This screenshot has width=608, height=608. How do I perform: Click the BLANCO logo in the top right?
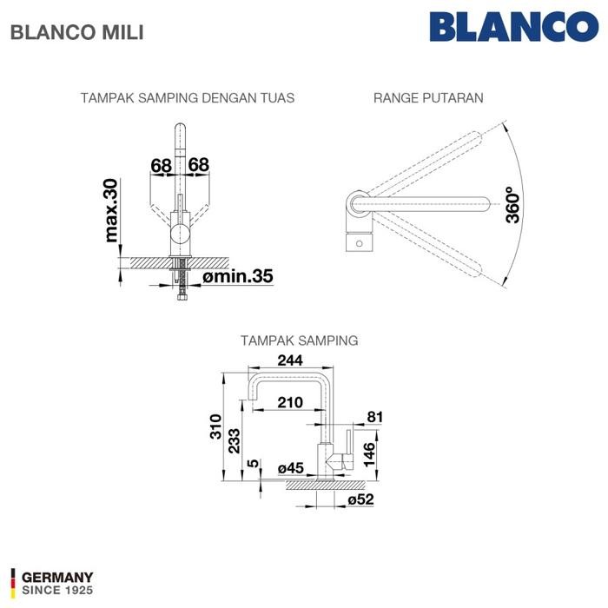click(519, 26)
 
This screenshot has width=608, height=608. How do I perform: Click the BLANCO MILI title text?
click(76, 32)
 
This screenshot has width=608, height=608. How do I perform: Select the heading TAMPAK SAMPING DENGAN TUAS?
click(187, 98)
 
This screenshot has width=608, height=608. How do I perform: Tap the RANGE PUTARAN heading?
click(428, 98)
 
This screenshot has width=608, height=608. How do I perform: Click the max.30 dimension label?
click(111, 210)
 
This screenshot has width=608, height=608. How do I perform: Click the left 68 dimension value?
click(160, 164)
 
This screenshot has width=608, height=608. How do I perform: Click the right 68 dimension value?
click(198, 164)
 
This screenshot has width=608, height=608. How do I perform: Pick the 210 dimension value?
click(291, 402)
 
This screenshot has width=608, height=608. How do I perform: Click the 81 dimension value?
click(374, 417)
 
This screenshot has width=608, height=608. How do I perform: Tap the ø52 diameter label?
click(360, 501)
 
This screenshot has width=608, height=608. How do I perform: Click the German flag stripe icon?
click(12, 582)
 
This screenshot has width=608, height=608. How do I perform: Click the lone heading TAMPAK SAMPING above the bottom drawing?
click(298, 340)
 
